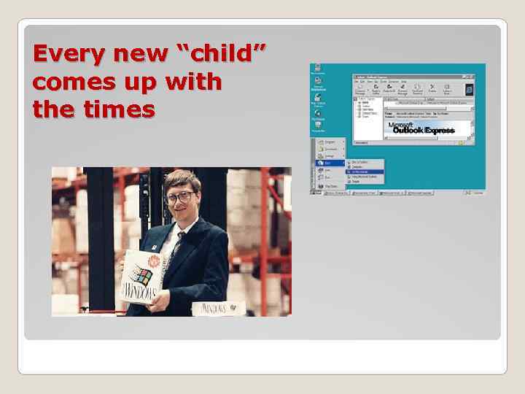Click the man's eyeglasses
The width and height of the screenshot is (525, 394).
[x=179, y=197]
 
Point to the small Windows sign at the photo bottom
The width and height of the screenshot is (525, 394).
[x=215, y=307]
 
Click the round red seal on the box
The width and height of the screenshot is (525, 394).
[x=155, y=262]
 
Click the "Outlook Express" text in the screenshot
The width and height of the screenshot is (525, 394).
[x=423, y=130]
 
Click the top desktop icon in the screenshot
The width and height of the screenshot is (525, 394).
[x=317, y=69]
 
